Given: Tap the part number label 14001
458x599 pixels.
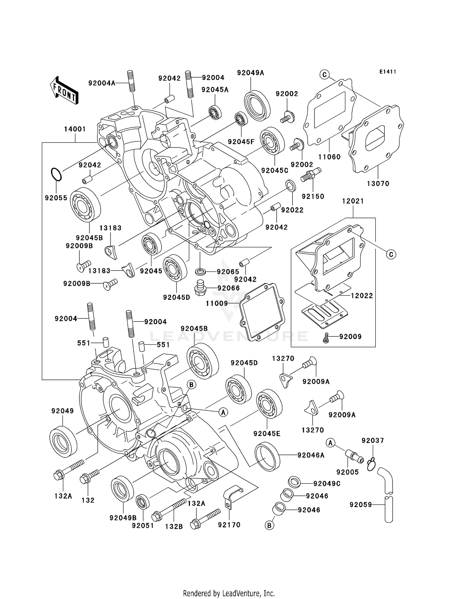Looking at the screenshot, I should point(75,129).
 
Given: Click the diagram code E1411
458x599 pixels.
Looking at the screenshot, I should point(387,72).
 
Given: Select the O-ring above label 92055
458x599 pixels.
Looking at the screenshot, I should point(56,174).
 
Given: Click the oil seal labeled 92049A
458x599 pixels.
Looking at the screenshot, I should point(257,104).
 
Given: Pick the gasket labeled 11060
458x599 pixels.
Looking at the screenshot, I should point(330,113).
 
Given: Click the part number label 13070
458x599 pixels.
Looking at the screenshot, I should point(378,183).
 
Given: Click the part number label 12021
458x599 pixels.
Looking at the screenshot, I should point(353,201).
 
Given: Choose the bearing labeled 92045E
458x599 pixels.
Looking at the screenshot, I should point(269,405).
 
